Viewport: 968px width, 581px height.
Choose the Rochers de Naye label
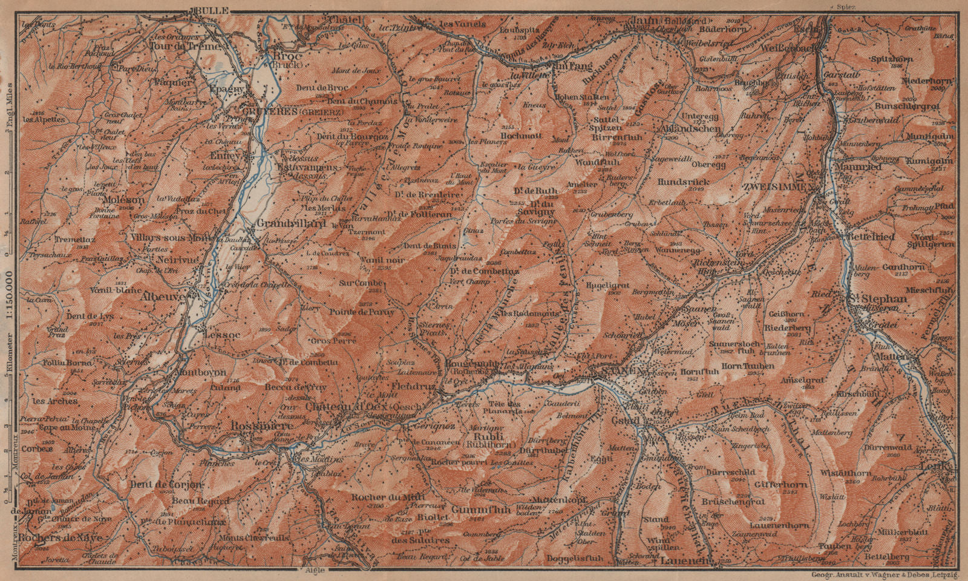click(x=52, y=537)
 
